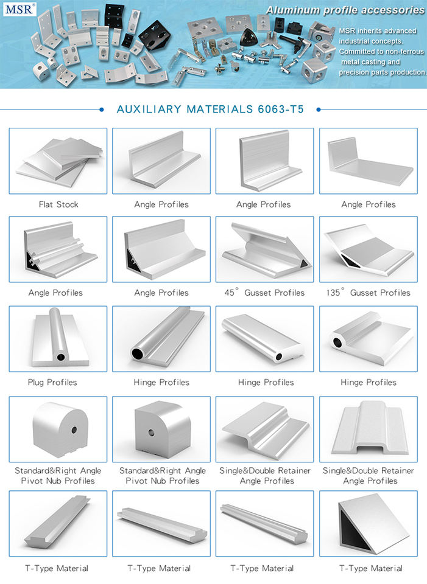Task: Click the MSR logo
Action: [x=19, y=9]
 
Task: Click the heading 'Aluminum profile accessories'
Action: [x=345, y=10]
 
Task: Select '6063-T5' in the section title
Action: [x=281, y=109]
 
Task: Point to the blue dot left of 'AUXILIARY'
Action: [x=102, y=109]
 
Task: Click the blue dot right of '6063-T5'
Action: [x=319, y=109]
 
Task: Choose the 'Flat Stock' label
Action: [x=58, y=204]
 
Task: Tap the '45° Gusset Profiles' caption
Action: [x=264, y=293]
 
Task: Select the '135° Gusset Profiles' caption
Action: [x=368, y=293]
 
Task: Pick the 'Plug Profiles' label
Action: [x=52, y=383]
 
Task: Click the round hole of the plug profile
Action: [x=61, y=358]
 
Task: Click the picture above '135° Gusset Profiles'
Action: [x=369, y=249]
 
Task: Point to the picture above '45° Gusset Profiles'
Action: [x=266, y=249]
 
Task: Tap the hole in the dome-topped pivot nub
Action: [x=74, y=431]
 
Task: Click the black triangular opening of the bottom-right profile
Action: [x=353, y=530]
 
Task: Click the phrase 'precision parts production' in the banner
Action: [x=382, y=72]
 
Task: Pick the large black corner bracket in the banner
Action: [x=155, y=35]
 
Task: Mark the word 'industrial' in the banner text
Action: [x=355, y=41]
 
